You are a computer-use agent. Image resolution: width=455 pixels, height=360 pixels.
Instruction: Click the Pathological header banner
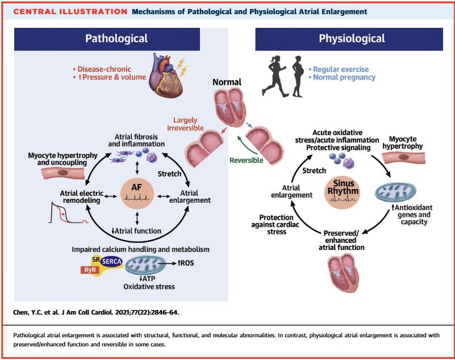107,39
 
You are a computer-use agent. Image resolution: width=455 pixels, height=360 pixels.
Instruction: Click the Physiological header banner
349,39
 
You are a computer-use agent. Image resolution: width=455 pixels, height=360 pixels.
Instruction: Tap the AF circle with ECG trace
137,193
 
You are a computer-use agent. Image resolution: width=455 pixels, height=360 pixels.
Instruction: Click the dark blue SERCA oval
111,261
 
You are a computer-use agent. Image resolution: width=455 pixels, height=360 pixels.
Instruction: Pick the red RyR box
90,270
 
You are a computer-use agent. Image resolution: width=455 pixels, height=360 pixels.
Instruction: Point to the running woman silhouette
274,76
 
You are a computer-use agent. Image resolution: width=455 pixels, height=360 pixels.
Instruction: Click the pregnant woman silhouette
298,76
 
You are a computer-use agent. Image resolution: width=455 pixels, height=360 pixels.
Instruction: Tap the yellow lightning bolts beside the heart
182,67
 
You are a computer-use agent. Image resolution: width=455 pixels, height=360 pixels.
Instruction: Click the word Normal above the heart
227,82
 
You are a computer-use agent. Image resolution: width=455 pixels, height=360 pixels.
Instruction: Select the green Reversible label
247,160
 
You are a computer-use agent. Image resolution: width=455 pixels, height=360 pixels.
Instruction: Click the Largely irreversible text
185,124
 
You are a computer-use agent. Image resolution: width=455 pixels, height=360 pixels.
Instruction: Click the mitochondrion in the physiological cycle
395,192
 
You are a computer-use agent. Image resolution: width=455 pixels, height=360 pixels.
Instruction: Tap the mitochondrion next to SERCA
145,265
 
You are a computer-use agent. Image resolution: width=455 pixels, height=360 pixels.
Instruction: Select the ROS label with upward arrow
186,263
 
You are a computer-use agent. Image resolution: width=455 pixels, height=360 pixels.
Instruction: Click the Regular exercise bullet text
339,69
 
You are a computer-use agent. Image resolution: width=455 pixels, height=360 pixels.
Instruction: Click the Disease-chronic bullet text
102,69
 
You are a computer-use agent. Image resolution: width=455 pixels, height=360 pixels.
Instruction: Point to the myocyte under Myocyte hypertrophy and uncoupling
62,173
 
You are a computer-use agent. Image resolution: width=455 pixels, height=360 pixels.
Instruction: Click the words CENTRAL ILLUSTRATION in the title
70,11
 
